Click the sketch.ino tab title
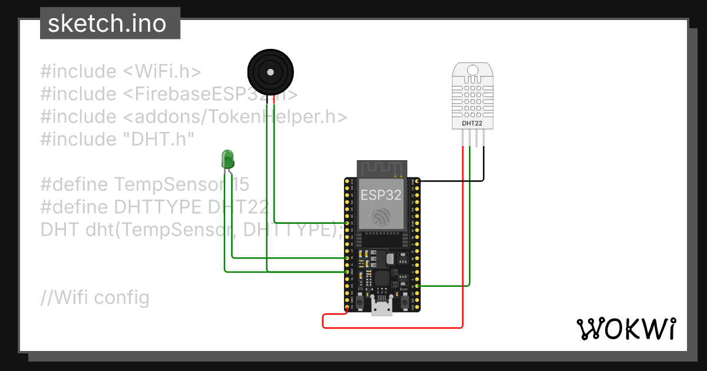[x=107, y=24]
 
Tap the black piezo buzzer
[x=269, y=72]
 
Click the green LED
[x=227, y=158]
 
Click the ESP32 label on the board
[x=381, y=195]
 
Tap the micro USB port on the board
[x=382, y=307]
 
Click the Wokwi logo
[x=626, y=328]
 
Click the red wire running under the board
[x=392, y=327]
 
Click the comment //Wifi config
[x=95, y=297]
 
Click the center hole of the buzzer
[x=270, y=72]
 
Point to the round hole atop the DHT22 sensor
[x=473, y=70]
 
